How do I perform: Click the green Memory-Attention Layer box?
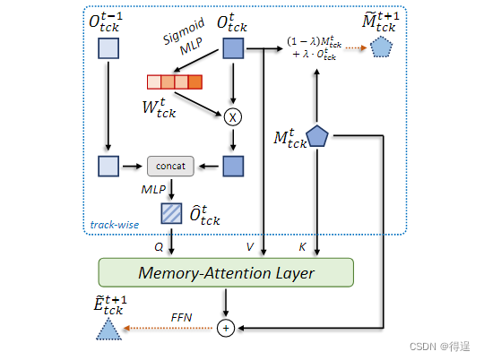click(225, 272)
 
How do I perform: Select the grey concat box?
click(170, 167)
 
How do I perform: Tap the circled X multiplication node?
click(234, 116)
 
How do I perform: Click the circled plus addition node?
click(227, 329)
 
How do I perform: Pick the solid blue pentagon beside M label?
click(318, 136)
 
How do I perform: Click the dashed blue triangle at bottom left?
click(108, 330)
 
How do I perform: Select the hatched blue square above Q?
click(170, 213)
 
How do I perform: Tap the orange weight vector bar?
click(175, 82)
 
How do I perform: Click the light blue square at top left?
click(107, 50)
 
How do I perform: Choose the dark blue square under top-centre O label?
click(233, 50)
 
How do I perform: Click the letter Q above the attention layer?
click(159, 244)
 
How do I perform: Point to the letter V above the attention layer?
click(251, 244)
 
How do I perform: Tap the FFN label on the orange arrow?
click(182, 318)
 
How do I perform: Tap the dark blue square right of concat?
click(233, 167)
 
